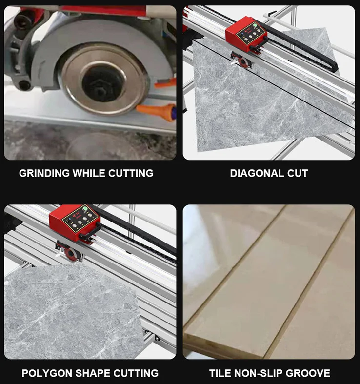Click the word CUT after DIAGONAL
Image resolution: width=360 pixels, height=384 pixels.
[298, 173]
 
